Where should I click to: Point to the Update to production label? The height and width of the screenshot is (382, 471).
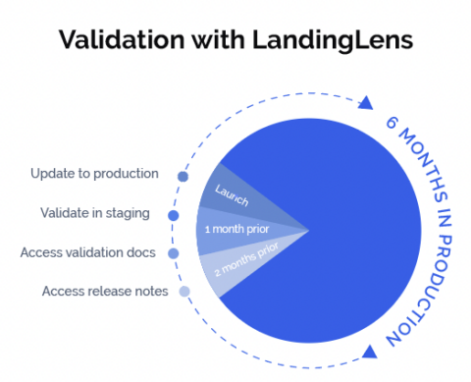[94, 174]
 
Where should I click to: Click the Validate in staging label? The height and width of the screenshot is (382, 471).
[94, 212]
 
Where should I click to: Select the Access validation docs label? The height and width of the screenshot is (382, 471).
[88, 252]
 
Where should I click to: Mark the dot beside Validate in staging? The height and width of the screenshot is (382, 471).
[174, 214]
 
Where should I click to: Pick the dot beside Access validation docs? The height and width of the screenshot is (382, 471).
[174, 253]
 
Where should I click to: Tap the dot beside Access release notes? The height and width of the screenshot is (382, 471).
[183, 292]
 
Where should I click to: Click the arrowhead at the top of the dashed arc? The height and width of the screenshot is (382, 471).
[366, 102]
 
